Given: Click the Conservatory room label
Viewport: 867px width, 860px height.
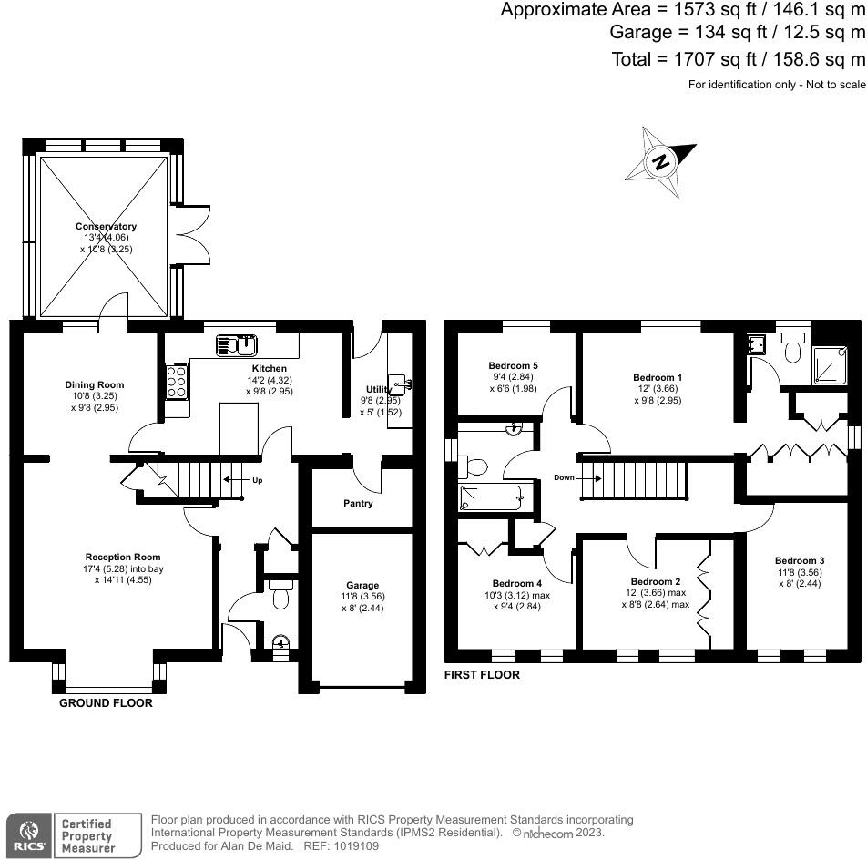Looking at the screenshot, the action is coord(106,226).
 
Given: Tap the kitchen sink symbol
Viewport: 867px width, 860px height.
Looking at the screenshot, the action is coord(237,345).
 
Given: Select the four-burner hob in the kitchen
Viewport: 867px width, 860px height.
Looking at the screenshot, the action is coord(177,381).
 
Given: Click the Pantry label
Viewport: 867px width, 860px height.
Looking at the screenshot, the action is coord(358,503).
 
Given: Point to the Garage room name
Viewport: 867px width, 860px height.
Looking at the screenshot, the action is coord(362,585).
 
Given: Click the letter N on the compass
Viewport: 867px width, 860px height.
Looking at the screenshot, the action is coord(661,162).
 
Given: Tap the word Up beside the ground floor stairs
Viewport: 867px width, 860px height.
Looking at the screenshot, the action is coord(257,480).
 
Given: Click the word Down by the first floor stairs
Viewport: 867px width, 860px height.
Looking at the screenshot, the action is coord(564,477).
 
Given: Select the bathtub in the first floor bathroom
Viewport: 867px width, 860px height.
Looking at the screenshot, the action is coord(491,497).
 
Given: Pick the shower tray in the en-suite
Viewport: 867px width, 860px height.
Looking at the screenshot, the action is coord(830,365).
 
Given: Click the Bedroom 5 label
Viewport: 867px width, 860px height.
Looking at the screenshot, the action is coord(513,365).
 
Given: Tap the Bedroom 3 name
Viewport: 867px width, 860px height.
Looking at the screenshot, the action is coord(800,561).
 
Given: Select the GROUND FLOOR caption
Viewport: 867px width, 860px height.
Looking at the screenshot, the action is coord(106,703).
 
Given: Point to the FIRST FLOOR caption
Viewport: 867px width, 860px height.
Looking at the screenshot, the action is coord(482,675).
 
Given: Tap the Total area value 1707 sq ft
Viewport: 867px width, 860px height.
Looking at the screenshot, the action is coord(714,58).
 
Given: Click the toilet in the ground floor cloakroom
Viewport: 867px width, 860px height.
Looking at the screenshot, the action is coord(280,595).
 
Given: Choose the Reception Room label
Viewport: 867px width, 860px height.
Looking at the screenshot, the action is coord(123,557).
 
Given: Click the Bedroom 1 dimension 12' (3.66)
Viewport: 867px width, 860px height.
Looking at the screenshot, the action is coord(658,389).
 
